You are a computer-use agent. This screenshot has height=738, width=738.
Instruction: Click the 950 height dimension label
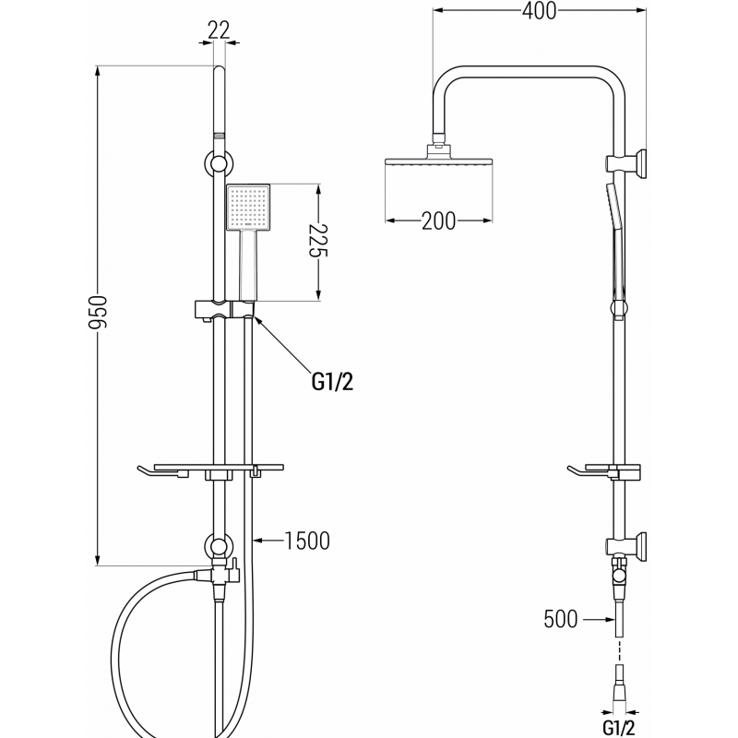99,315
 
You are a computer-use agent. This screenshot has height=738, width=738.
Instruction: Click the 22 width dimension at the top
219,30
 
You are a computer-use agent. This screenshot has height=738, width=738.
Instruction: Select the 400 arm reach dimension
538,12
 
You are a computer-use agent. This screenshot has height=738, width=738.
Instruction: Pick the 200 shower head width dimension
438,220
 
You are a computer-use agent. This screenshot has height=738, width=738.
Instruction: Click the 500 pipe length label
561,619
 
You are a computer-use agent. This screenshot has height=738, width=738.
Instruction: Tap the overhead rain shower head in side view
439,162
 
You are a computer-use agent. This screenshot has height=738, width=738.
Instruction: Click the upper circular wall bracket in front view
219,164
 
